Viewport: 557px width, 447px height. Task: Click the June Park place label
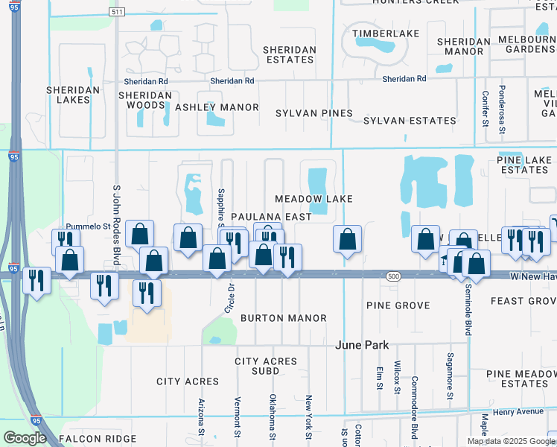[x=363, y=345]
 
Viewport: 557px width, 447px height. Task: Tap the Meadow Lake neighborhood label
[x=313, y=199]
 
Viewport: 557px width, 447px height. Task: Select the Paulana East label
[x=270, y=216]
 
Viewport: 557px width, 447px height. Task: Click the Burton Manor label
[x=283, y=318]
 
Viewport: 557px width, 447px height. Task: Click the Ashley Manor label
[x=217, y=107]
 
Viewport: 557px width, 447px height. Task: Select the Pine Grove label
[x=398, y=305]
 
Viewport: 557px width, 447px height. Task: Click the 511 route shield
[x=115, y=13]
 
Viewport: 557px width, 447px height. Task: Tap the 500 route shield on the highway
[x=394, y=276]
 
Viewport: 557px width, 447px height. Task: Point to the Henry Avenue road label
[x=518, y=411]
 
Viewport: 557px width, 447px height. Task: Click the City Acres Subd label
[x=266, y=366]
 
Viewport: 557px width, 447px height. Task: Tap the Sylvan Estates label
[x=410, y=121]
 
